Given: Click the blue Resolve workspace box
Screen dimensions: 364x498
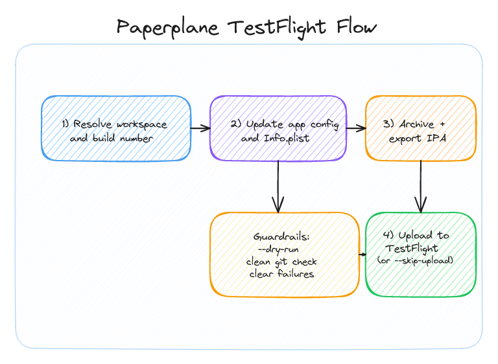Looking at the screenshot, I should coord(116,128).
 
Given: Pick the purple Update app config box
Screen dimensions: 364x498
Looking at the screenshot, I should coord(278,128).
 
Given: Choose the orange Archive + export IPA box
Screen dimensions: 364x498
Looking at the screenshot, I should coord(421,128).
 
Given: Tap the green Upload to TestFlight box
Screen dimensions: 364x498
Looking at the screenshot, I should coord(421,255).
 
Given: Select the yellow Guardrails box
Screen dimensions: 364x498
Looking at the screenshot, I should coord(284,255).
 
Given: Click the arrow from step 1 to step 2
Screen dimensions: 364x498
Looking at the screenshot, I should coord(200,128).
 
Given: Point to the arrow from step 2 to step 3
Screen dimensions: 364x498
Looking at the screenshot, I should coord(356,128).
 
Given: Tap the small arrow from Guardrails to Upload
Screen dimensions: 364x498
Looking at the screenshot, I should coord(362,255).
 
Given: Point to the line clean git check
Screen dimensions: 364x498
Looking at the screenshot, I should coord(281,262).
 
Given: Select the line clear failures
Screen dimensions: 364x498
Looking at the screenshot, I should coord(281,273).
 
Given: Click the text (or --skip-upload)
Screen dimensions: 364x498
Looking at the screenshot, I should coord(415,260).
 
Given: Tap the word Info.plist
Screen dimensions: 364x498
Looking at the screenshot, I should coord(288,137).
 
